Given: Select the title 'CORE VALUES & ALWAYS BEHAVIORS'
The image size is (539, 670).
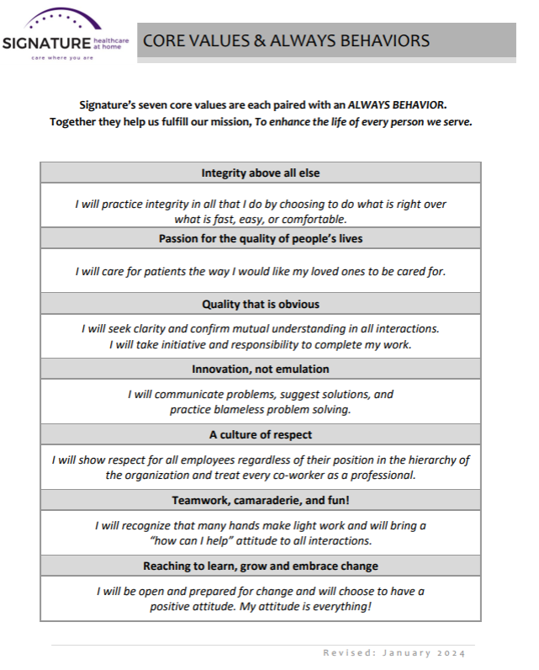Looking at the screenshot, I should click(286, 40).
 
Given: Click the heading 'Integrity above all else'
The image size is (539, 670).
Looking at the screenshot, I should click(261, 173).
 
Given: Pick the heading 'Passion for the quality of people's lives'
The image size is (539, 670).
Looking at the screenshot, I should click(261, 238).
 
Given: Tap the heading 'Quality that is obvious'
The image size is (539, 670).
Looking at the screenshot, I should click(261, 304).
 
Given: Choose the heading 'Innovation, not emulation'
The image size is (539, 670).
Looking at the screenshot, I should click(261, 369).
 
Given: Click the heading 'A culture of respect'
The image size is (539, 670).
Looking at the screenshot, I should click(261, 434).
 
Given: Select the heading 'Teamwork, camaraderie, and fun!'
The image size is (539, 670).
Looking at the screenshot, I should click(261, 500).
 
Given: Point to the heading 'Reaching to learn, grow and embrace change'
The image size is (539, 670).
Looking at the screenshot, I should click(261, 566).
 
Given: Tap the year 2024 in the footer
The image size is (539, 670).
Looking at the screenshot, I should click(451, 653).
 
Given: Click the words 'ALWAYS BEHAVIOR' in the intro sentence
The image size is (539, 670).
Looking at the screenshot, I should click(396, 104).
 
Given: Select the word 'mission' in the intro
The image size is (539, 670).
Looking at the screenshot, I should click(228, 122).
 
